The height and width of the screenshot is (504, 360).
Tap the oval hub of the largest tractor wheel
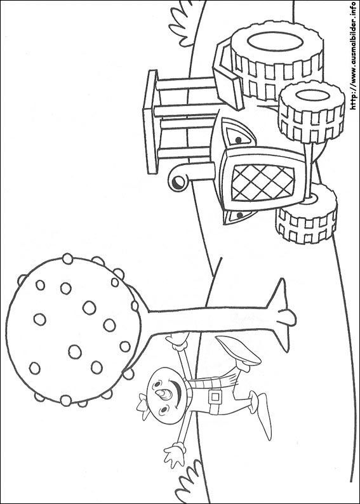[275, 42]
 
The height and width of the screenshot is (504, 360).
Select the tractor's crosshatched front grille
[263, 183]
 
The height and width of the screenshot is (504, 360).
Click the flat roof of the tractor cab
[150, 122]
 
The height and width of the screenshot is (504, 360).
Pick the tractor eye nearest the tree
[239, 216]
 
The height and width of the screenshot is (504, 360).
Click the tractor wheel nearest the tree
[306, 214]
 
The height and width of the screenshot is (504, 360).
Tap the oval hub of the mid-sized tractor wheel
[312, 95]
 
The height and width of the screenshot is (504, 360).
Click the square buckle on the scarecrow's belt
[215, 397]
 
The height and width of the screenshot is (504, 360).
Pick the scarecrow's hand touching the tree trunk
[177, 341]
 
